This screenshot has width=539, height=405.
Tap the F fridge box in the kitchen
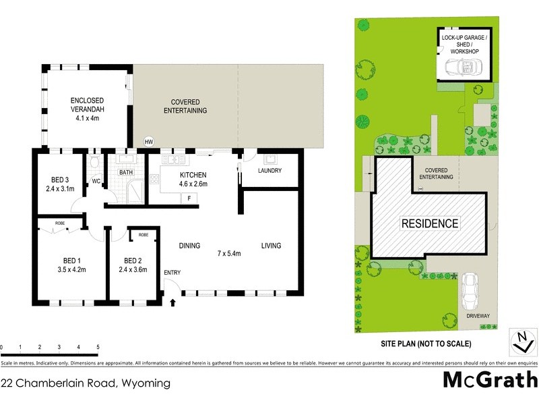pyautogui.click(x=189, y=198)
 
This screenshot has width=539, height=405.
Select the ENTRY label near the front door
pyautogui.click(x=172, y=272)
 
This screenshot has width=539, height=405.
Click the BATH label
pyautogui.click(x=126, y=173)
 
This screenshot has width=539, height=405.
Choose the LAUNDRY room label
pyautogui.click(x=269, y=170)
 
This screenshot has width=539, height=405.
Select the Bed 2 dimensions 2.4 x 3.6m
pyautogui.click(x=132, y=269)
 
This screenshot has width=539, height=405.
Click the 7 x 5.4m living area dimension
pyautogui.click(x=229, y=253)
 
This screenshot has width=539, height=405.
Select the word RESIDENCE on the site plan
pyautogui.click(x=430, y=223)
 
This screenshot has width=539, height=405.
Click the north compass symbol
pyautogui.click(x=519, y=342)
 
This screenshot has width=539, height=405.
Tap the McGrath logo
pyautogui.click(x=490, y=379)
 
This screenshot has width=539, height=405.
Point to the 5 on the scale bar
pyautogui.click(x=98, y=347)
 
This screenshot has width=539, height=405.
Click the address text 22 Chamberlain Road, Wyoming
pyautogui.click(x=86, y=383)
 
